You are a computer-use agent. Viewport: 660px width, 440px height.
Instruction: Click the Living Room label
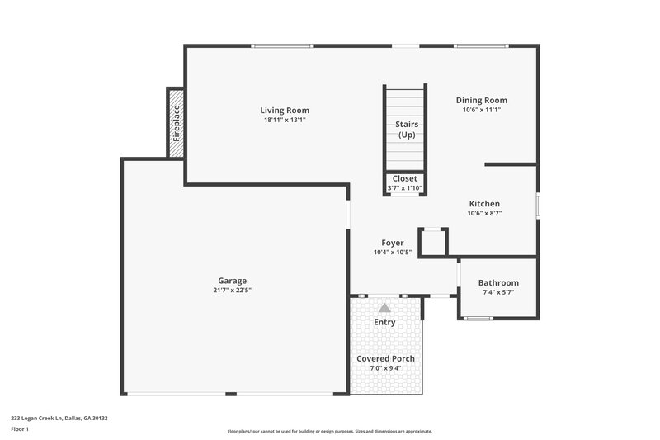pos(285,111)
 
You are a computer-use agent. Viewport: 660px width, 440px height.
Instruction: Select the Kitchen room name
pos(484,204)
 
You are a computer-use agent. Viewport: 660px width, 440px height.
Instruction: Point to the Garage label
pos(232,281)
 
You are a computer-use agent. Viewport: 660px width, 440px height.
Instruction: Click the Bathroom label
pos(498,283)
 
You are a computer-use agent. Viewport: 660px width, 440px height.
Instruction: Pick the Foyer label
pos(392,243)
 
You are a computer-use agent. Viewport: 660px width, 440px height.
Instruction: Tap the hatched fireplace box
pos(176,124)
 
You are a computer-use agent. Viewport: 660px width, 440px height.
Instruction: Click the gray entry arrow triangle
pos(384,307)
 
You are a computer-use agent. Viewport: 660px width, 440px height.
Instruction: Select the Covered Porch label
pos(385,359)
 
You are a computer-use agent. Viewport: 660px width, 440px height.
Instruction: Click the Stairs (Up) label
pos(406,130)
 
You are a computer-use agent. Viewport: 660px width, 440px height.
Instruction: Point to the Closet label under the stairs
pos(404,178)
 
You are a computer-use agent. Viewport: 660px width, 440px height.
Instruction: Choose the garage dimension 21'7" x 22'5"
pos(232,291)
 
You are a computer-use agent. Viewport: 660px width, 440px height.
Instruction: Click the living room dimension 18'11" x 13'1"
pos(285,121)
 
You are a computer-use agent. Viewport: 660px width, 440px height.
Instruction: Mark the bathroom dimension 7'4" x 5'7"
pos(498,293)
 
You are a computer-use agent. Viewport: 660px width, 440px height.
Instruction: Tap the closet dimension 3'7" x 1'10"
pos(404,188)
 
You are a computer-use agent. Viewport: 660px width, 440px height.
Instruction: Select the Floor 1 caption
pos(20,429)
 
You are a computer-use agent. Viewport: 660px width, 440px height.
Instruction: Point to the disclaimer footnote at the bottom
pos(330,431)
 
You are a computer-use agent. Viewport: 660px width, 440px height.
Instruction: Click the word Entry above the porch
pos(384,322)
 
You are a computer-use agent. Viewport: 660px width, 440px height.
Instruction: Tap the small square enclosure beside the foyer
pos(433,243)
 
